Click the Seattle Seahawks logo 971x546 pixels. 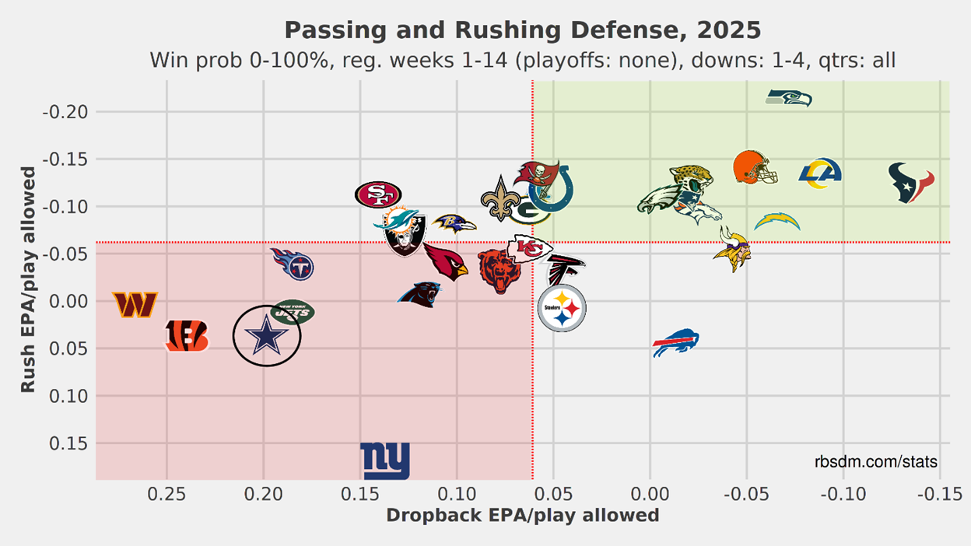(789, 98)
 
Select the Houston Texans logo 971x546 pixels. (911, 183)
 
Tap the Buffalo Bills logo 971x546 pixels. (675, 343)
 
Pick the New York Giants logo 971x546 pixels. (385, 460)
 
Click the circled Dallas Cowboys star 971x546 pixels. (267, 336)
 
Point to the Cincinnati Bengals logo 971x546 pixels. (187, 336)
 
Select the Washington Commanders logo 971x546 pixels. (135, 304)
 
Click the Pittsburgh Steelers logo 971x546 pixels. (562, 309)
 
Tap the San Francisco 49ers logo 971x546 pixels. (378, 194)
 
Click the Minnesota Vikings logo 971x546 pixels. (731, 248)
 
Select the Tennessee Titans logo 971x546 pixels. (293, 264)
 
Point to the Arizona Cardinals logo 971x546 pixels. (446, 262)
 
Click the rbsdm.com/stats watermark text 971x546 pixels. (876, 462)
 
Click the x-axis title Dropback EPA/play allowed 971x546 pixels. (522, 515)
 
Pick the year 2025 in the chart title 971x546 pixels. (730, 30)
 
